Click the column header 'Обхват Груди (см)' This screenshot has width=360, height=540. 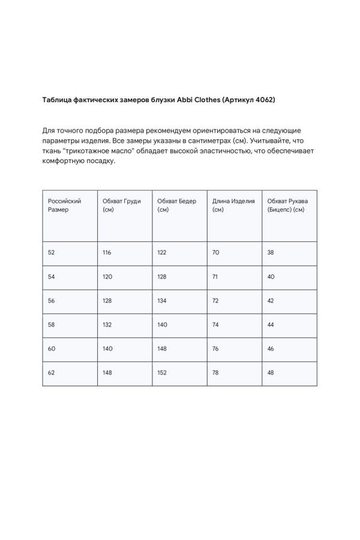(122, 205)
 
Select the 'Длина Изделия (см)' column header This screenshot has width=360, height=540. (233, 205)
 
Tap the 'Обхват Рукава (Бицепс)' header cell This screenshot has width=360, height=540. (288, 205)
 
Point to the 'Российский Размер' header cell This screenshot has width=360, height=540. (64, 205)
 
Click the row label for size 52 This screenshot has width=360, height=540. (51, 253)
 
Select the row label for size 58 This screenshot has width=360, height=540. (51, 324)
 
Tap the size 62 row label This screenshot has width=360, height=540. (51, 373)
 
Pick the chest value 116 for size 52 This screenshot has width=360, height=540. (107, 253)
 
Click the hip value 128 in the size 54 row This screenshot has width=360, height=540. (162, 276)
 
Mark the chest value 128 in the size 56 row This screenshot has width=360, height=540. (107, 300)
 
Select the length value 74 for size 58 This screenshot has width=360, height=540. (216, 324)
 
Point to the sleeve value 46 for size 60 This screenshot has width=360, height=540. (271, 349)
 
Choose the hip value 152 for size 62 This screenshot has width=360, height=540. (162, 373)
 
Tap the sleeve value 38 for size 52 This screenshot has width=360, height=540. (271, 253)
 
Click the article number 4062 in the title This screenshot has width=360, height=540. (263, 100)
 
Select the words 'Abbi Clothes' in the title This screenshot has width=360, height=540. (199, 100)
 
